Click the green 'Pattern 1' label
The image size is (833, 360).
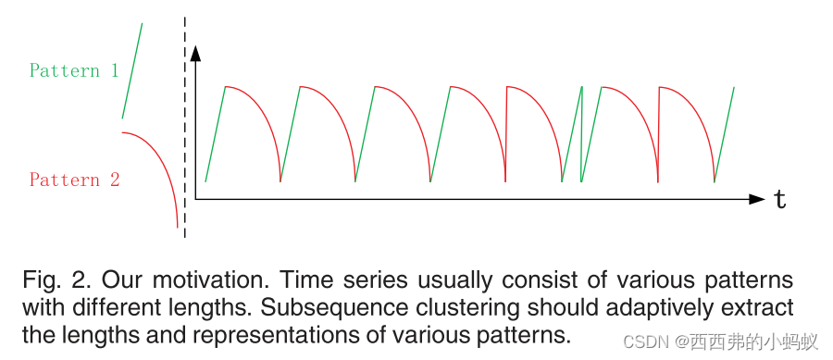pyautogui.click(x=74, y=70)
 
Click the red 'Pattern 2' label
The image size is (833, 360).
pyautogui.click(x=74, y=180)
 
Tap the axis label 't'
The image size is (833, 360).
pyautogui.click(x=780, y=199)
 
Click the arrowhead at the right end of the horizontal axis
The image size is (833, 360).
pyautogui.click(x=757, y=198)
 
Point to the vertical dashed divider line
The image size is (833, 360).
pyautogui.click(x=185, y=130)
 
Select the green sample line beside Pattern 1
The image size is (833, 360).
pyautogui.click(x=132, y=70)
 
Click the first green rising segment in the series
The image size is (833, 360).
pyautogui.click(x=215, y=134)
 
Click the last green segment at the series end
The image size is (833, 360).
pyautogui.click(x=724, y=134)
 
